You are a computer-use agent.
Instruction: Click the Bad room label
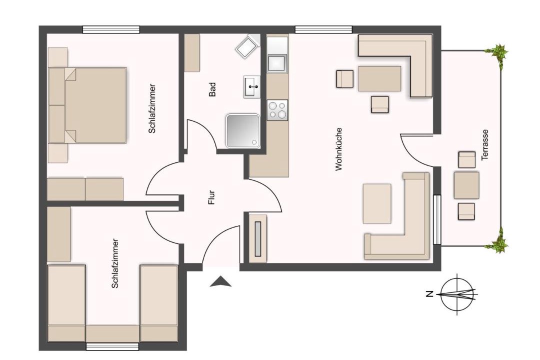[x=212, y=89]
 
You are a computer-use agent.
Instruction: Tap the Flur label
[x=211, y=197]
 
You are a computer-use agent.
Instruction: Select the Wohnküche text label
[x=339, y=149]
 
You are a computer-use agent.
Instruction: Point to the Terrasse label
[x=485, y=144]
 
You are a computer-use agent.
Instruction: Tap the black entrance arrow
[x=220, y=281]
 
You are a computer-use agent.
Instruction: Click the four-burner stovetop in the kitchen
[x=277, y=110]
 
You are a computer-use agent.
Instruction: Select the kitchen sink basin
[x=277, y=62]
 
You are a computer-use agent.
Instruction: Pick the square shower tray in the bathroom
[x=242, y=131]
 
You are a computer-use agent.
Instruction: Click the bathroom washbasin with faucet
[x=251, y=87]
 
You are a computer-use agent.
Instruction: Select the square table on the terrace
[x=466, y=185]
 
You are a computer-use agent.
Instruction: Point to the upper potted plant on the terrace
[x=497, y=54]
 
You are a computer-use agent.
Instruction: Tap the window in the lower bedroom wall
[x=112, y=346]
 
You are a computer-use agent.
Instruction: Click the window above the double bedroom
[x=111, y=29]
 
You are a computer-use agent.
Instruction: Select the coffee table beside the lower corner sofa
[x=377, y=203]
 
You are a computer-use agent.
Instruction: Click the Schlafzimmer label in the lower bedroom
[x=115, y=263]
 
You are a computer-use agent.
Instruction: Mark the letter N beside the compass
[x=429, y=294]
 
